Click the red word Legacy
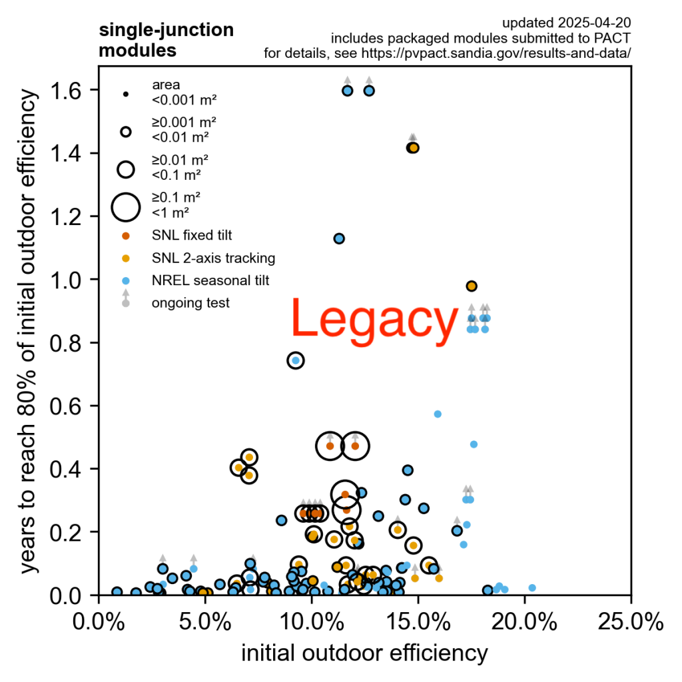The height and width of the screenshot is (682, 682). point(374,320)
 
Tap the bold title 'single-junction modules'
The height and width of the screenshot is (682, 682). point(166,40)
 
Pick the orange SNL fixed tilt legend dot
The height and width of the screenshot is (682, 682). point(125,235)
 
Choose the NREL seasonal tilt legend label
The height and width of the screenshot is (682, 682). point(210,280)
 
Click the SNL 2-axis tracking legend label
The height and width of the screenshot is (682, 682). point(213,258)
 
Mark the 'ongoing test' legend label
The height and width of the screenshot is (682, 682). point(190,303)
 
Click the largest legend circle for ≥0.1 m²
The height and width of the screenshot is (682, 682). point(125,206)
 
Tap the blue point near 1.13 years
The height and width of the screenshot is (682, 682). point(339,238)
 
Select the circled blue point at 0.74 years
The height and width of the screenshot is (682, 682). point(296,360)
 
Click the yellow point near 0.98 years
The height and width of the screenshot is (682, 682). point(472,286)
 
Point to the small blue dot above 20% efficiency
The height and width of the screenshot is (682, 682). point(532,587)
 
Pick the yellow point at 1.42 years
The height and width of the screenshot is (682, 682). point(413,148)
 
